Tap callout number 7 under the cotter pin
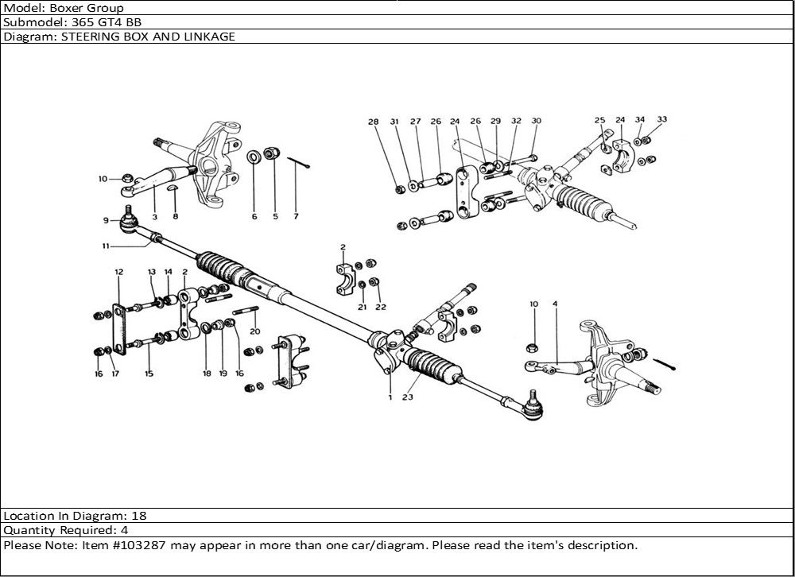click(296, 216)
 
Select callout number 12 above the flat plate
click(118, 273)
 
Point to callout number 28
click(373, 122)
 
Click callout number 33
click(661, 120)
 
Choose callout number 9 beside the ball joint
click(105, 220)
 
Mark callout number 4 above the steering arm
click(554, 304)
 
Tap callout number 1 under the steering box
click(390, 397)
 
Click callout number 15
click(149, 373)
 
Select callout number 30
click(536, 122)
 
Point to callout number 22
click(381, 307)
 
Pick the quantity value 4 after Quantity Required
click(124, 529)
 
